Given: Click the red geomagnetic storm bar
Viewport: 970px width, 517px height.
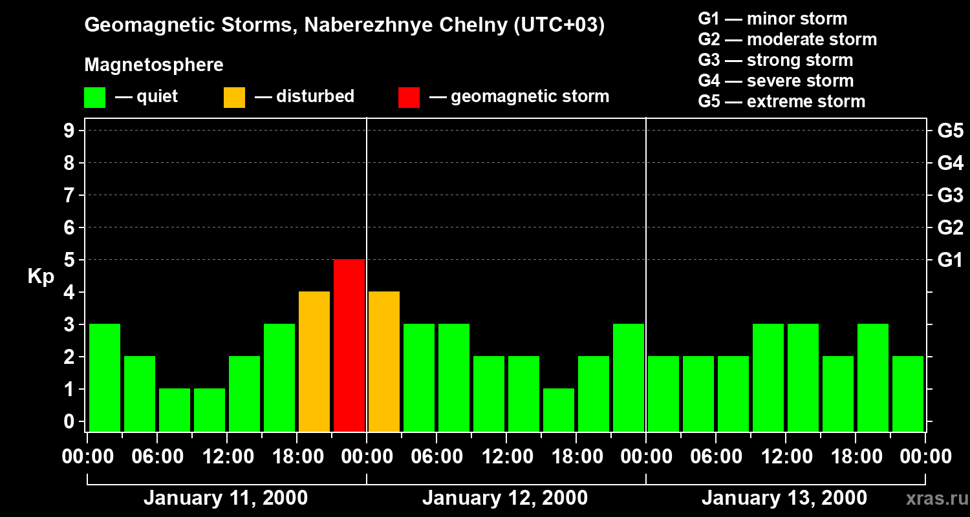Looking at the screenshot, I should (x=349, y=345).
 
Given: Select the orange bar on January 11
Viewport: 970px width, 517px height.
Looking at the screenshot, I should (x=314, y=361).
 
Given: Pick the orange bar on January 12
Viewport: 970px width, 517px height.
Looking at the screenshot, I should (x=384, y=361).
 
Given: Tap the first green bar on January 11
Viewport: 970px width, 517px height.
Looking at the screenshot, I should (x=105, y=377).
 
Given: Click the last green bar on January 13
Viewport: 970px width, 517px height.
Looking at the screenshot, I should (x=908, y=394).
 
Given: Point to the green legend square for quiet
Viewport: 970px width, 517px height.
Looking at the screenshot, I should (x=95, y=98).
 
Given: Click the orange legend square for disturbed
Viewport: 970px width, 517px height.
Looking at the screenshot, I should (x=234, y=98).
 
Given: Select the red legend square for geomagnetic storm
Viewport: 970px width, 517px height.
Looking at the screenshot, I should (x=409, y=98).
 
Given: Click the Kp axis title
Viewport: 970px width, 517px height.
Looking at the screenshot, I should (x=41, y=277).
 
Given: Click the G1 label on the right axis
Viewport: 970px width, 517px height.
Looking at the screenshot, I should (x=950, y=260).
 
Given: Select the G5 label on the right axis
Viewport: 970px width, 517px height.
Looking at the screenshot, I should (x=950, y=131).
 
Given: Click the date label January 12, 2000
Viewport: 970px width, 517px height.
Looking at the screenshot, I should (x=505, y=498).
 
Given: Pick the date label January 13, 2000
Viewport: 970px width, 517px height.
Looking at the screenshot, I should (x=784, y=498).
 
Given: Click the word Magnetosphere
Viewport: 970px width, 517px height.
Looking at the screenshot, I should (x=154, y=65).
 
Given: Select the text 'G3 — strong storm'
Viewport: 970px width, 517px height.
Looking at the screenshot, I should (x=775, y=60).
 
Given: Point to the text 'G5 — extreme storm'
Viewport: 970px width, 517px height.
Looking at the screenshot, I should (x=781, y=101).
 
